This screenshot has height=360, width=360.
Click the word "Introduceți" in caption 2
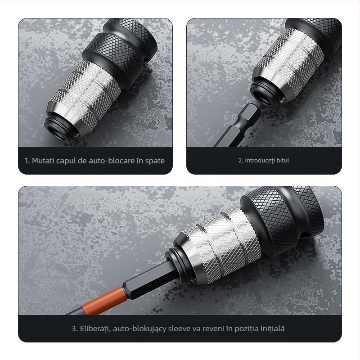pyautogui.click(x=259, y=160)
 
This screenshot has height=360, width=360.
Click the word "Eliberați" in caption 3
pyautogui.click(x=95, y=328)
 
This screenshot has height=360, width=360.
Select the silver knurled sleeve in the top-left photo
pyautogui.click(x=85, y=94)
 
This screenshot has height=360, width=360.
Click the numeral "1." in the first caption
pyautogui.click(x=27, y=161)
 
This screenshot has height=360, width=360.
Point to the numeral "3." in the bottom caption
pyautogui.click(x=74, y=328)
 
